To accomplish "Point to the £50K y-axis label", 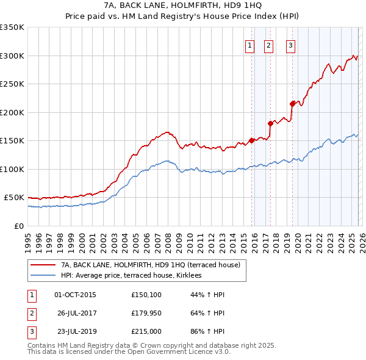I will coord(14,198).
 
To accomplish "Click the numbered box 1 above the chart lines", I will coord(250,45).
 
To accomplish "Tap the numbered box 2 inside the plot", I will coord(269,45).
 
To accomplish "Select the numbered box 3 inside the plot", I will coord(290,45).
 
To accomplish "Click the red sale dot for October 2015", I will coord(251,140).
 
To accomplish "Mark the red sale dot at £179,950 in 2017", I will coord(270,123).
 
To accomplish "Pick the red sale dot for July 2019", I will coord(292,103).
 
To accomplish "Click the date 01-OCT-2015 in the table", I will coord(75,295).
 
